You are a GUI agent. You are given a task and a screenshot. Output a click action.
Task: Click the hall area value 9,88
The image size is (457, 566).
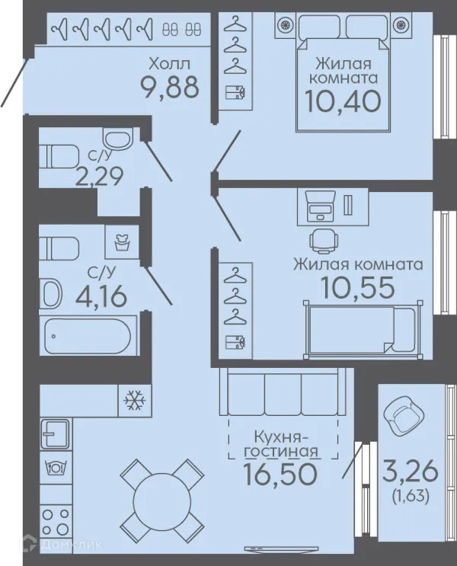pos(170,88)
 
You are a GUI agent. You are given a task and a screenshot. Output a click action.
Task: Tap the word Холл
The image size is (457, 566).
pos(169,64)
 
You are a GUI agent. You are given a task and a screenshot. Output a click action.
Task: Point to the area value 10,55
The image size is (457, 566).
pos(357,288)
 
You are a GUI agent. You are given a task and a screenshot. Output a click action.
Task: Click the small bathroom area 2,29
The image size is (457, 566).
pos(99,176)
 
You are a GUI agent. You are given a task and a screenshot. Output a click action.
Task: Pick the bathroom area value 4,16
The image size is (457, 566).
pos(101,297)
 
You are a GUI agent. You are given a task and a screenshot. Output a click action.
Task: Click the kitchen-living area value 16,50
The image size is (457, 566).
pos(280,474)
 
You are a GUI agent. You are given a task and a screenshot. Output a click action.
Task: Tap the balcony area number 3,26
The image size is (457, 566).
pos(410,472)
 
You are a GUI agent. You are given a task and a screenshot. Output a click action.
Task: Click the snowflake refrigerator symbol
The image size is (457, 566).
pos(134,400)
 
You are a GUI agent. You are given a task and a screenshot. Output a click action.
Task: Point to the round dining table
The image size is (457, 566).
pos(161,500)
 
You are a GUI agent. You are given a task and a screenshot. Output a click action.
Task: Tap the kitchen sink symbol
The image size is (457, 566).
pos(56,433)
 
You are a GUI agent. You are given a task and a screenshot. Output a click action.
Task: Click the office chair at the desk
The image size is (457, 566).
pos(324,240)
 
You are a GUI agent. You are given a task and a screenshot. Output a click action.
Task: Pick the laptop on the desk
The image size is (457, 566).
pos(320,206)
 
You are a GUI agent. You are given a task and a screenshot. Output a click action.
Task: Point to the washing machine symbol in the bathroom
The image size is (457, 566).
pos(122,241)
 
